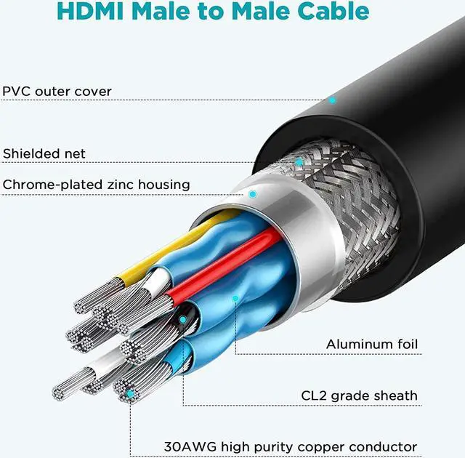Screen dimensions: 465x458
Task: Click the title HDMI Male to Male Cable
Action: tap(213, 12)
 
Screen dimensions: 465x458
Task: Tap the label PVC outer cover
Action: tap(57, 92)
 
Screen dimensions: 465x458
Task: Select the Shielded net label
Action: tap(44, 153)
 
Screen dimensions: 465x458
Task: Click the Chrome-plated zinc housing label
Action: tap(97, 185)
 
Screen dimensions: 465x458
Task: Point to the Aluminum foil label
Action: tap(372, 344)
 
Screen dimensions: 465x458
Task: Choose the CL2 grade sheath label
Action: tap(360, 395)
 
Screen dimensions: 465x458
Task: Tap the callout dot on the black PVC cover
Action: tap(332, 100)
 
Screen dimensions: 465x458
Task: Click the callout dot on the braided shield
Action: tap(299, 161)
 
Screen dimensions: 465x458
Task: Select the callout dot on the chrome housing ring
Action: tap(252, 194)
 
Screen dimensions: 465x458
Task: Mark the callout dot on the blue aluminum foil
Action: tap(235, 297)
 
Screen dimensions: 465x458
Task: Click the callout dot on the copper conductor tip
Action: tap(130, 393)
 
